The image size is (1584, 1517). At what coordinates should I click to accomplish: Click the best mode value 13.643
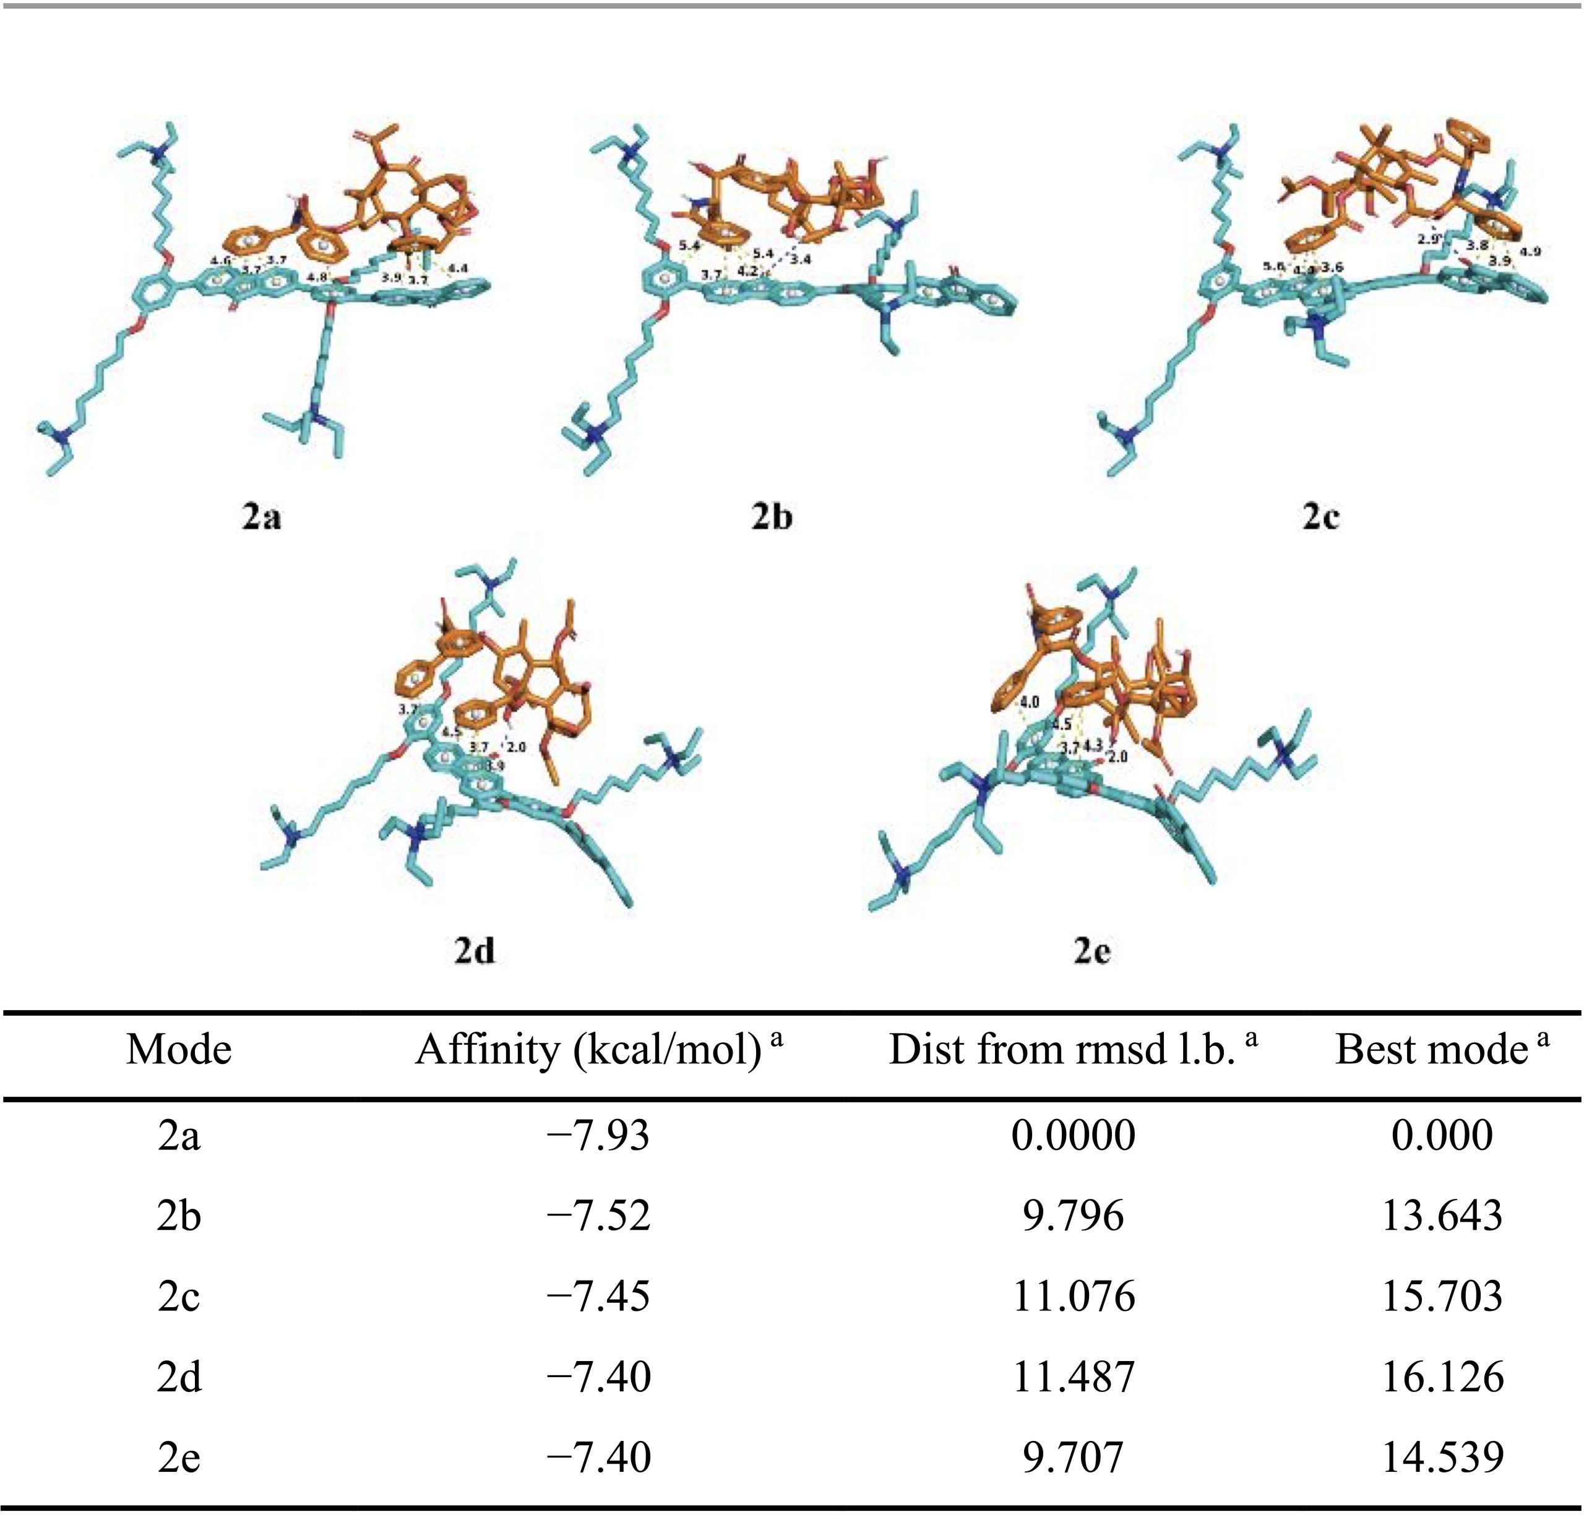(1442, 1216)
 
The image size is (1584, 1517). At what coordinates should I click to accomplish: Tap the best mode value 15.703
(1442, 1295)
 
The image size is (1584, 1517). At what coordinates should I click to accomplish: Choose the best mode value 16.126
(1442, 1377)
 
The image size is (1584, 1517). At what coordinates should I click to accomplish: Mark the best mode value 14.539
(1442, 1456)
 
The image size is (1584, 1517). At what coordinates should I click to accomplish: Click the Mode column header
(179, 1050)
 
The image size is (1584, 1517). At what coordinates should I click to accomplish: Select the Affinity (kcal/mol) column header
(598, 1050)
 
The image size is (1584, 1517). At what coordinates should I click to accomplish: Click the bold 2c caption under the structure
(1320, 516)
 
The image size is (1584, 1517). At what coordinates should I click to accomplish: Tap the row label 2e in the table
(179, 1456)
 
